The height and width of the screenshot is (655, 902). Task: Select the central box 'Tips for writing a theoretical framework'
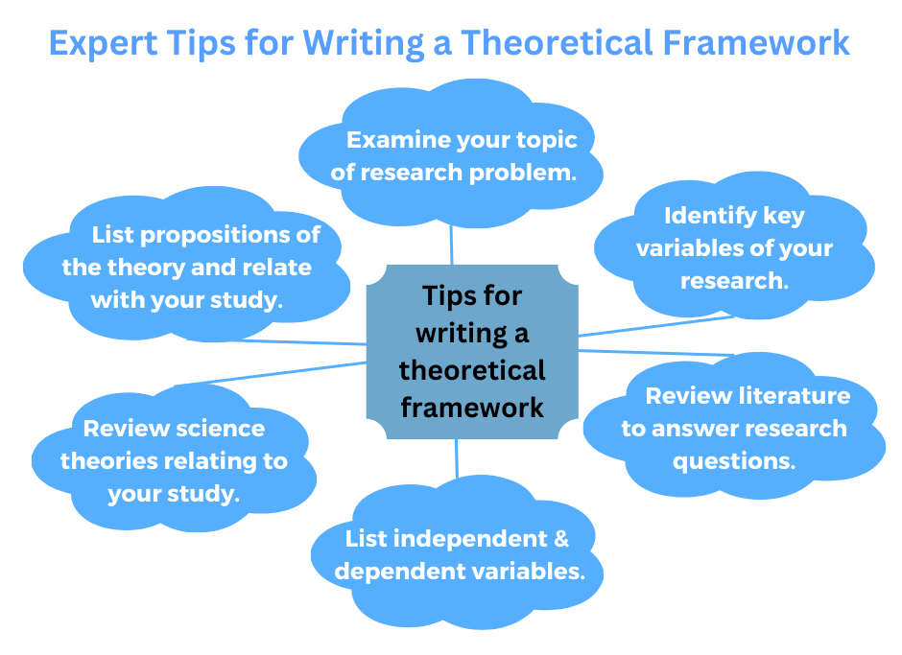pyautogui.click(x=472, y=350)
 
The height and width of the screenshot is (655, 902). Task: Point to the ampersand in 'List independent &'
pyautogui.click(x=560, y=538)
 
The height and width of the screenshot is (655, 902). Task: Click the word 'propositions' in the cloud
pyautogui.click(x=222, y=235)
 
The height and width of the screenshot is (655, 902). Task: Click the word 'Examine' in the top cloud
pyautogui.click(x=397, y=140)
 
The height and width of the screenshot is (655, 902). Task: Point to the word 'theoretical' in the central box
pyautogui.click(x=472, y=370)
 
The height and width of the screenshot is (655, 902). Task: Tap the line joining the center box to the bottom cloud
pyautogui.click(x=458, y=460)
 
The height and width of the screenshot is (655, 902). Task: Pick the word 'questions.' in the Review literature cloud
pyautogui.click(x=734, y=461)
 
